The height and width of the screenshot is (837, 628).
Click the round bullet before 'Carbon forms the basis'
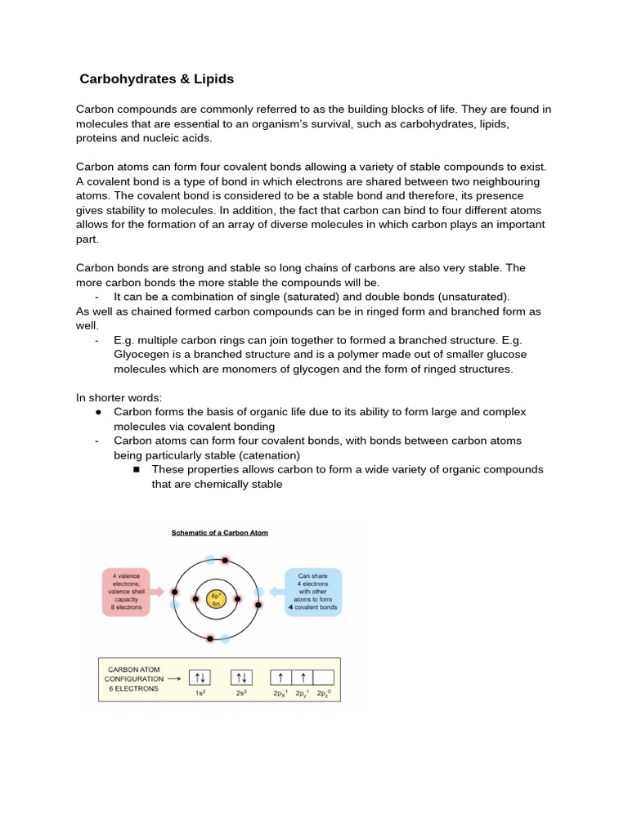coord(98,411)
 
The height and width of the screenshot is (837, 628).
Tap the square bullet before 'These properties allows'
coord(136,470)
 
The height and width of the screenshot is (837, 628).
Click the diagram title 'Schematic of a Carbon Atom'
coord(219,533)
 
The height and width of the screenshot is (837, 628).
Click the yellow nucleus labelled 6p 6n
coord(216,599)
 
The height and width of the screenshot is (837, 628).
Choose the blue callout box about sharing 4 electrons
coord(312,592)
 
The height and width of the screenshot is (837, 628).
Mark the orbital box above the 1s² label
coord(200,678)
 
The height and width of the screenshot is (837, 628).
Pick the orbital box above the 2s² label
coord(242,678)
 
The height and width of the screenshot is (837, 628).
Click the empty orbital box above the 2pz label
coord(323,678)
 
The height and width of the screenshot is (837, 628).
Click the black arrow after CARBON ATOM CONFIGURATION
coord(174,678)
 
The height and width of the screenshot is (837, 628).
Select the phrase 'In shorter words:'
coord(119,397)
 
